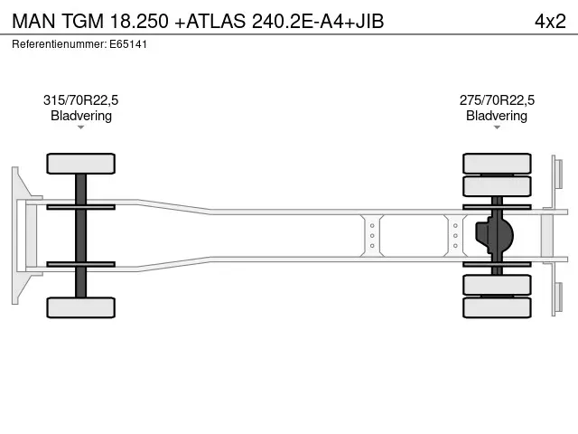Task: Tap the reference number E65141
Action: coord(127,43)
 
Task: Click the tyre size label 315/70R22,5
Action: coord(81,100)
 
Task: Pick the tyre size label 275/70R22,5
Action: coord(497,100)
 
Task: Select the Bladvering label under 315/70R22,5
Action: coord(81,116)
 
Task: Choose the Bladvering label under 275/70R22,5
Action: coord(497,116)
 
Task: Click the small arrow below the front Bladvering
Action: coord(81,127)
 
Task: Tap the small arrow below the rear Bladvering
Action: coord(497,127)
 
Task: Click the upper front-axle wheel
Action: coord(81,164)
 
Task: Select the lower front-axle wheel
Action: coord(81,307)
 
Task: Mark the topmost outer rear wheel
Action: coord(497,164)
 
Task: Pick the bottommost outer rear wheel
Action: coord(497,307)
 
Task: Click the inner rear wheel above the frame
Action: coord(497,186)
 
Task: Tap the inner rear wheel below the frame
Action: coord(497,286)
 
